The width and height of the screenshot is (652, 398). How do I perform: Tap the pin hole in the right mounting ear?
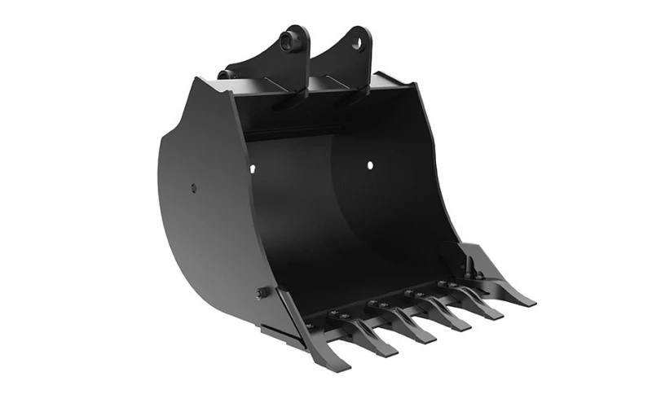coord(357,43)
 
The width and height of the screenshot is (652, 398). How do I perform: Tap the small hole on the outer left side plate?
coord(194,189)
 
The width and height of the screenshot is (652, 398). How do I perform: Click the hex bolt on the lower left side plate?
coord(262,293)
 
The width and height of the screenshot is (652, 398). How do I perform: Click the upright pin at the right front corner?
coord(469,265)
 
